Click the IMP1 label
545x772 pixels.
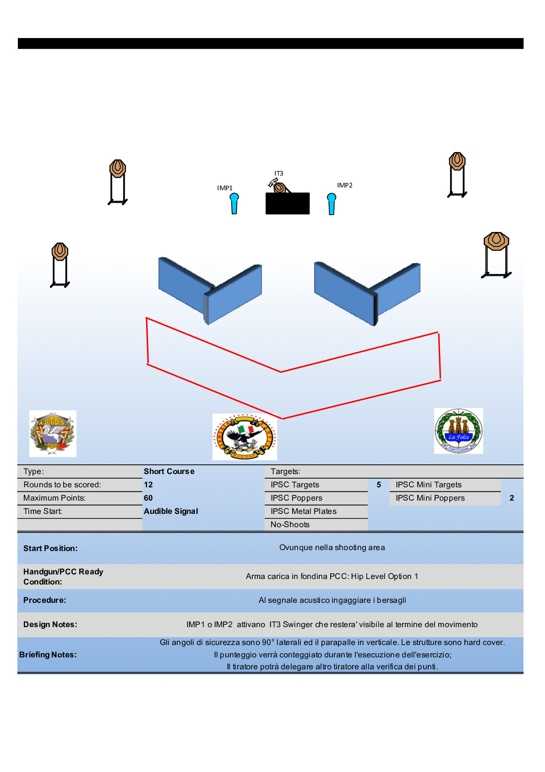tap(225, 188)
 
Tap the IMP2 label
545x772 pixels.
tap(345, 185)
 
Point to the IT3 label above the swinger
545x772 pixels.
tap(278, 173)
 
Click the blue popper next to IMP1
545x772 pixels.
tap(234, 204)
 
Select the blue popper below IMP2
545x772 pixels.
tap(332, 204)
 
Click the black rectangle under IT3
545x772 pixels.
tap(288, 204)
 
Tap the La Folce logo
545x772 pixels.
tap(458, 431)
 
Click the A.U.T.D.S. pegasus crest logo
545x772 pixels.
tap(53, 433)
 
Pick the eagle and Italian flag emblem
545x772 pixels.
tap(245, 436)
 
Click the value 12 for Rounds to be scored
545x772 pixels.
tap(148, 485)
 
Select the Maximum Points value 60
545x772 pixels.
tap(148, 498)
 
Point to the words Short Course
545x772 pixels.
tap(169, 471)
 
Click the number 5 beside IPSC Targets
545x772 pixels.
tap(379, 485)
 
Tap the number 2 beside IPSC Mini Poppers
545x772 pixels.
tap(512, 498)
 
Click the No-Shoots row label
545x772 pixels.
tap(290, 524)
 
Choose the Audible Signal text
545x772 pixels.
tap(171, 511)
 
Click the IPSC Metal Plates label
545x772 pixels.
tap(303, 511)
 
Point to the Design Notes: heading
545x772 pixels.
tap(50, 624)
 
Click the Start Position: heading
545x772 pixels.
tap(50, 548)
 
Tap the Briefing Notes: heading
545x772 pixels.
tap(48, 655)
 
